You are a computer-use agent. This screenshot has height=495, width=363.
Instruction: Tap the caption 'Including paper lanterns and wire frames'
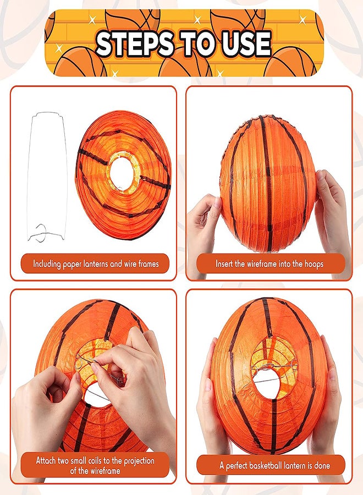(96, 264)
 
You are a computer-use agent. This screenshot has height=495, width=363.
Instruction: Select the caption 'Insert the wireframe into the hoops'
(269, 264)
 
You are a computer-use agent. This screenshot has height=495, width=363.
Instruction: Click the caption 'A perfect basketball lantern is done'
(274, 466)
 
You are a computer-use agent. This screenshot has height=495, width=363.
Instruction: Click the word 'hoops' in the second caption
(312, 264)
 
